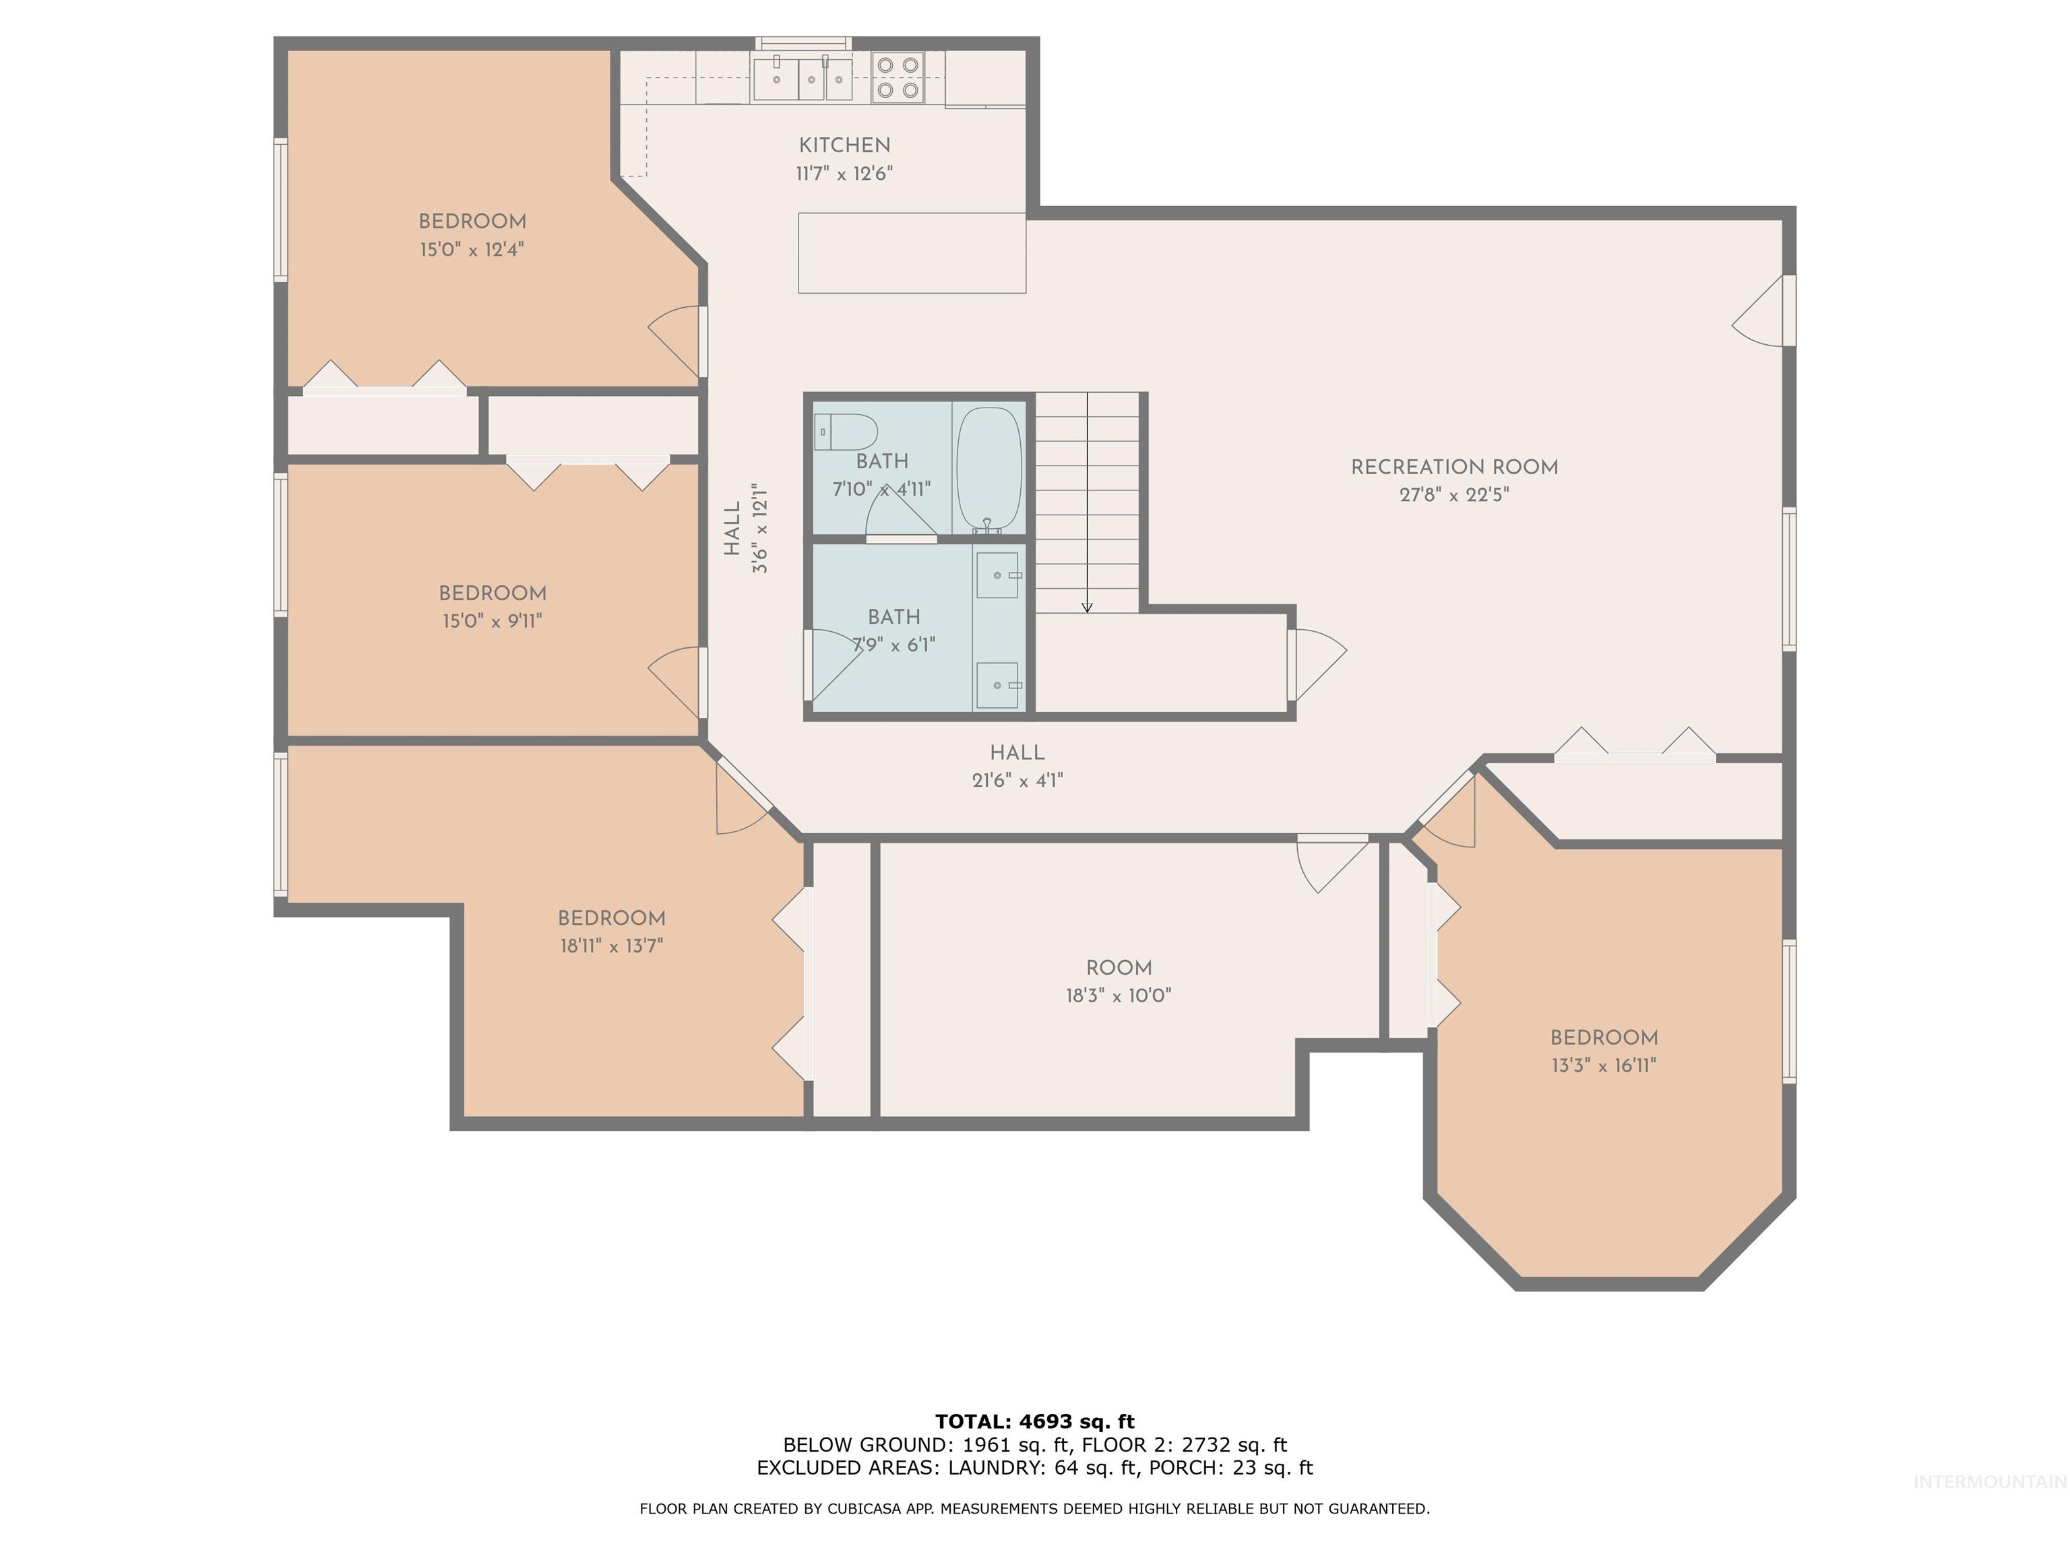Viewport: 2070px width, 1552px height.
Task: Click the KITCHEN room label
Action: pos(844,145)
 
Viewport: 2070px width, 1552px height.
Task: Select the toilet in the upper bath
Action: pos(844,432)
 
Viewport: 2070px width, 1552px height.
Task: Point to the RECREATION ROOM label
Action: pos(1454,467)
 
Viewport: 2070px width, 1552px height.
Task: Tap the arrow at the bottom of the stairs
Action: pos(1086,607)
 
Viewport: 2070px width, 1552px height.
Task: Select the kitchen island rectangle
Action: pos(912,253)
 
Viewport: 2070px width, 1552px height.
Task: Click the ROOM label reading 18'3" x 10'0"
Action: pos(1119,968)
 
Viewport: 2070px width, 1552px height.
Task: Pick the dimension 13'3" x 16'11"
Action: pos(1604,1064)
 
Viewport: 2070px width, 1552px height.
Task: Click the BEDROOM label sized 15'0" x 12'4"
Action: pos(472,222)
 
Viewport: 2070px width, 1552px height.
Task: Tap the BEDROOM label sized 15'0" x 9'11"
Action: pos(493,593)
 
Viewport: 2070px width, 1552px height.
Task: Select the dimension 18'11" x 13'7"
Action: pos(611,946)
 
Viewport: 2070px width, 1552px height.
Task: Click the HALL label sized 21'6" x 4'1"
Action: pos(1017,752)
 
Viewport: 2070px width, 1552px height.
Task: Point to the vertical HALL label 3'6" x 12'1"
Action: pos(732,529)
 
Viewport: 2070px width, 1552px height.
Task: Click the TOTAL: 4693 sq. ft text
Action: pos(1034,1422)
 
